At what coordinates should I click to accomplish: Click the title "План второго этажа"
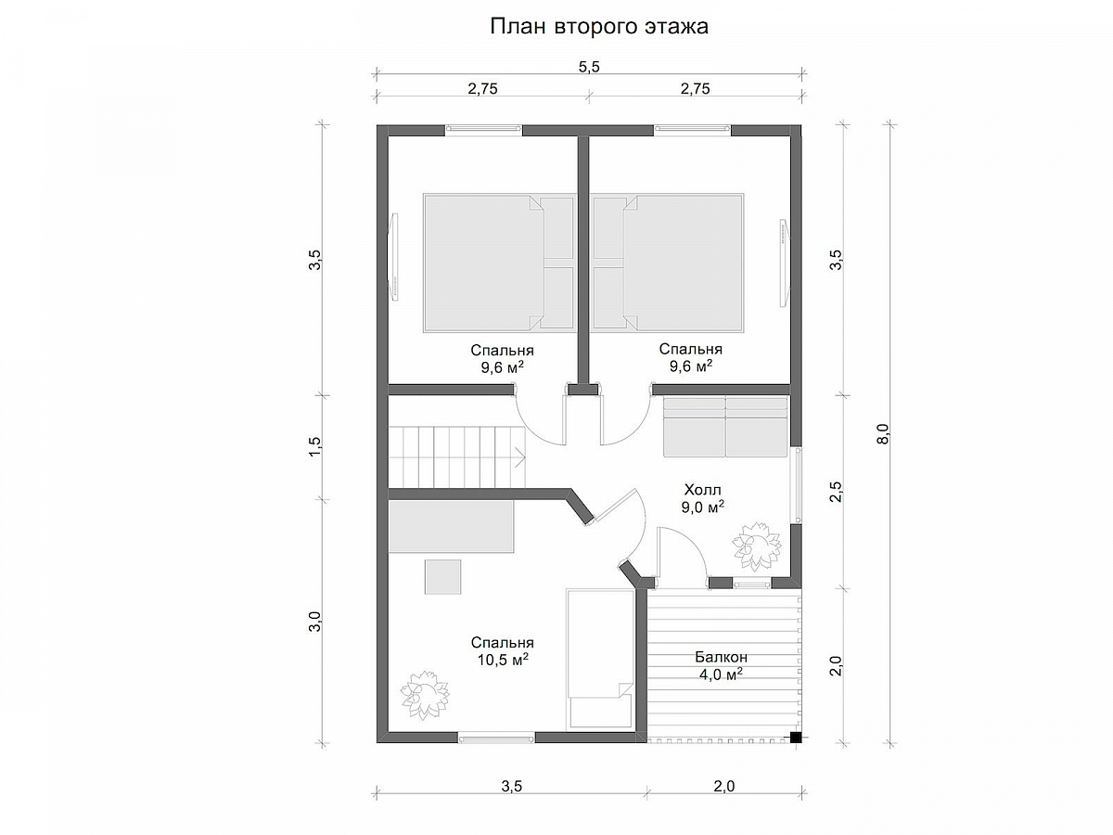point(598,27)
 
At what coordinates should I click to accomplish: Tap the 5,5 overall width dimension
point(589,67)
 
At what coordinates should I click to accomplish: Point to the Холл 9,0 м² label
point(702,498)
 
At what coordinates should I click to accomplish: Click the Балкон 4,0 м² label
point(721,665)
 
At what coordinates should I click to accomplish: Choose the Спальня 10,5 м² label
point(502,651)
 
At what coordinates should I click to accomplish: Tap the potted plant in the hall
point(756,546)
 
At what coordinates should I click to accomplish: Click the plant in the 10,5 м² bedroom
point(425,695)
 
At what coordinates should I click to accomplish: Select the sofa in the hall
point(725,427)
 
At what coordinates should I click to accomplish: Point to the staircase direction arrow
point(519,457)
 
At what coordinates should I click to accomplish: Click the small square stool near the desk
point(442,576)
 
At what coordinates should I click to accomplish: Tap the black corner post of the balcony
point(796,739)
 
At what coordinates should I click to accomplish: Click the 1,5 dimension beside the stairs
point(314,446)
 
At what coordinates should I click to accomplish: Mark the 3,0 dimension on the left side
point(314,621)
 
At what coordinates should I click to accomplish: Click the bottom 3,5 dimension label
point(511,786)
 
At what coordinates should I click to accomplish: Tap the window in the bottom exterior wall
point(496,739)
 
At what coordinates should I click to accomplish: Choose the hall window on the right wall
point(798,484)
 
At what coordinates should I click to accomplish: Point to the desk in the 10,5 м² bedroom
point(452,526)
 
